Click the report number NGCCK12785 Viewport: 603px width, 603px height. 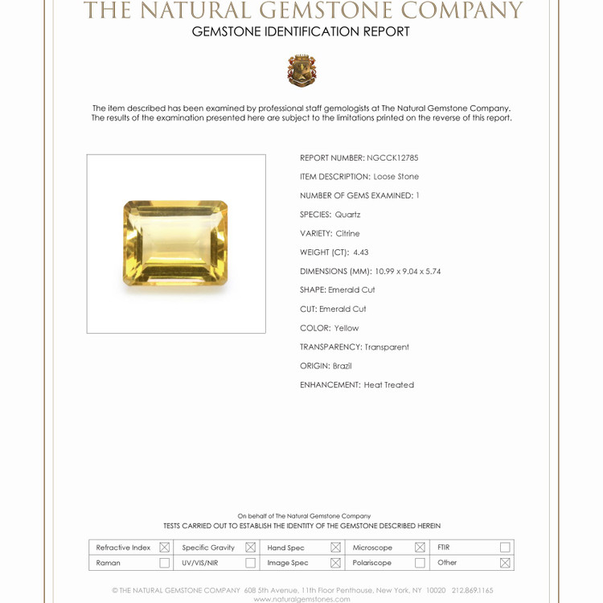(x=392, y=158)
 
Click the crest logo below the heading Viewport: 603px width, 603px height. (x=301, y=71)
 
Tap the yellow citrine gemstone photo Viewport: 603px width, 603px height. (x=176, y=243)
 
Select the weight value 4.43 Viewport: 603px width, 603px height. (x=361, y=252)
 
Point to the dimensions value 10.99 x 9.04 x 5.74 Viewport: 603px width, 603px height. (x=408, y=272)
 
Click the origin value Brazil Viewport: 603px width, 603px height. (x=343, y=366)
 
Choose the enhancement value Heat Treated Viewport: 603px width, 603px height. (x=389, y=385)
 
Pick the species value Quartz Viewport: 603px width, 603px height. (x=348, y=215)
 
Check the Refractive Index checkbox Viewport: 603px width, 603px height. (x=165, y=548)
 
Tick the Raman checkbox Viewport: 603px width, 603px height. (x=165, y=563)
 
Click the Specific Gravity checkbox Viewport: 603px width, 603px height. (x=250, y=548)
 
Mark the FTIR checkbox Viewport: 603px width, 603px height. (x=505, y=548)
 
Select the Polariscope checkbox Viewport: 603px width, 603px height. (x=420, y=563)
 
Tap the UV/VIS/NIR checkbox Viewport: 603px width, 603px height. (x=250, y=563)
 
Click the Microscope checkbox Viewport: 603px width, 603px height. (x=420, y=548)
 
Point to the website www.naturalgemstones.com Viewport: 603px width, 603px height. (x=301, y=599)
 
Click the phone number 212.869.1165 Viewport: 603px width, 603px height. (x=473, y=590)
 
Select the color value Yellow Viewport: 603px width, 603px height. (x=347, y=328)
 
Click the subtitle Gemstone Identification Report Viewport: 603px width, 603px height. (x=301, y=32)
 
